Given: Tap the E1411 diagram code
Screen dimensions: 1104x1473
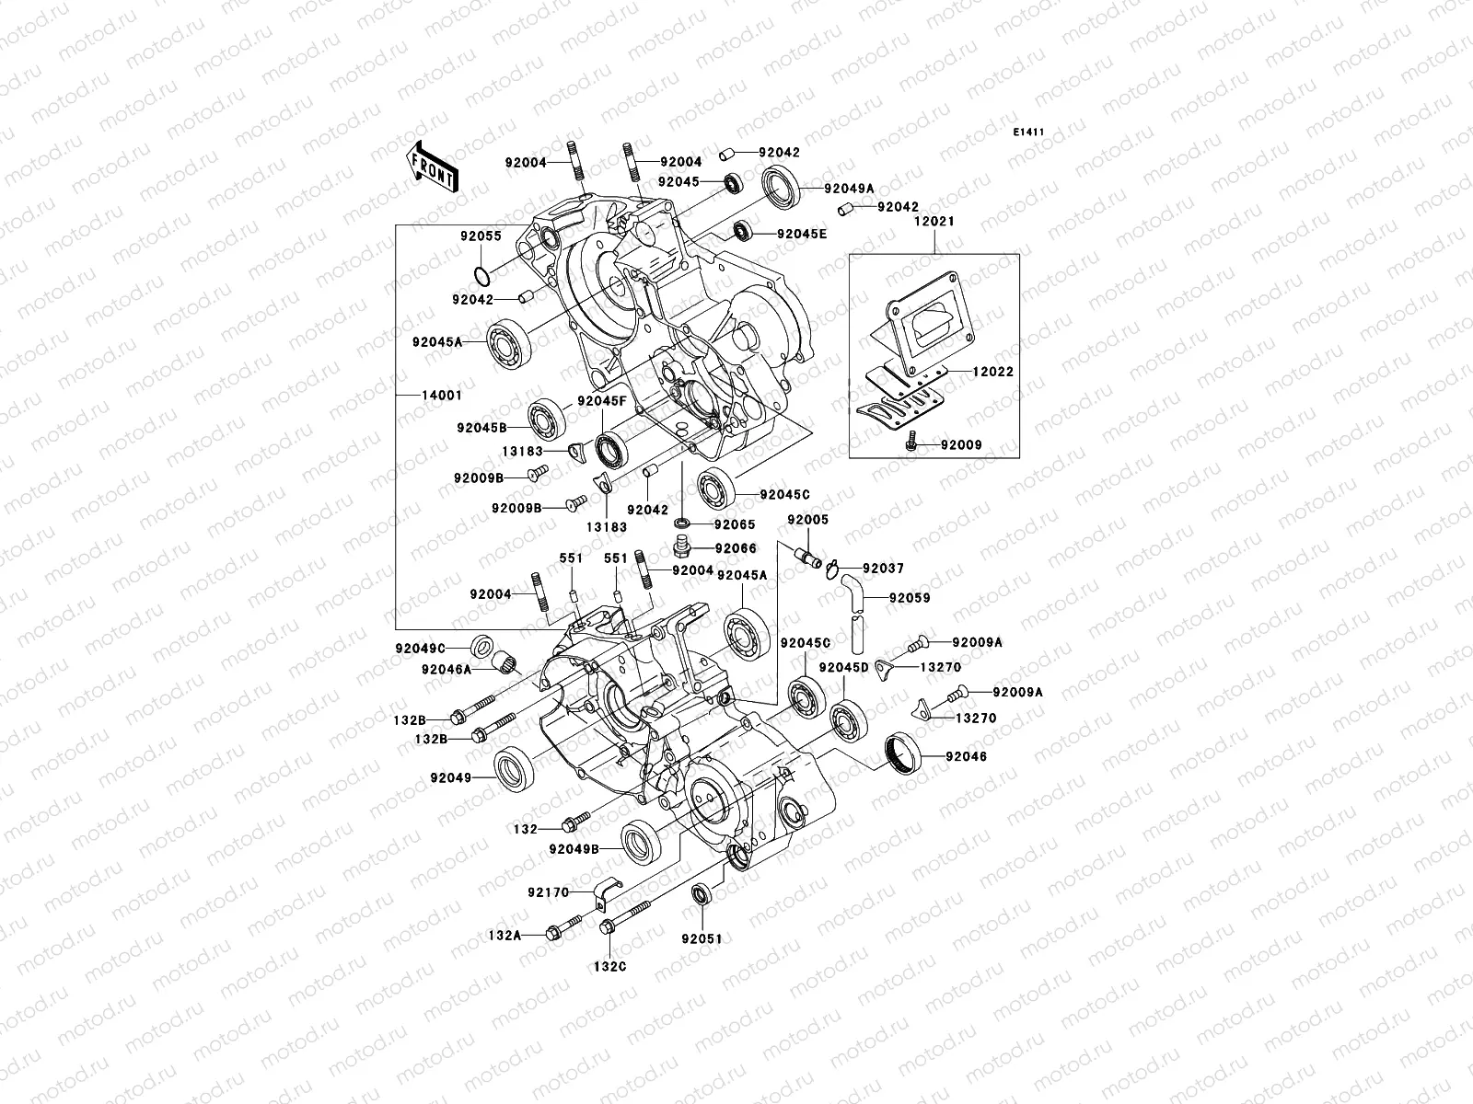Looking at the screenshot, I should tap(1028, 132).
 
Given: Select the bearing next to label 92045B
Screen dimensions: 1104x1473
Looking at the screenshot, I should tap(546, 420).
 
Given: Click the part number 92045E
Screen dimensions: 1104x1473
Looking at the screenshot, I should tap(801, 234).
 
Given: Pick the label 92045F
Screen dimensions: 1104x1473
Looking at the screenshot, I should tap(602, 402).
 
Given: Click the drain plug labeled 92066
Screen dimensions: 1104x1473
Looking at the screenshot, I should tap(682, 550).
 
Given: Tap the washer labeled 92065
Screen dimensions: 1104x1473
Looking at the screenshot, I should tap(681, 524).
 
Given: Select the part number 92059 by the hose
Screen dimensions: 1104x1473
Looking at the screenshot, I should tap(909, 598).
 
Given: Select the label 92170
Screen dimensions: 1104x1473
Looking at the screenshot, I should tap(549, 892).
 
